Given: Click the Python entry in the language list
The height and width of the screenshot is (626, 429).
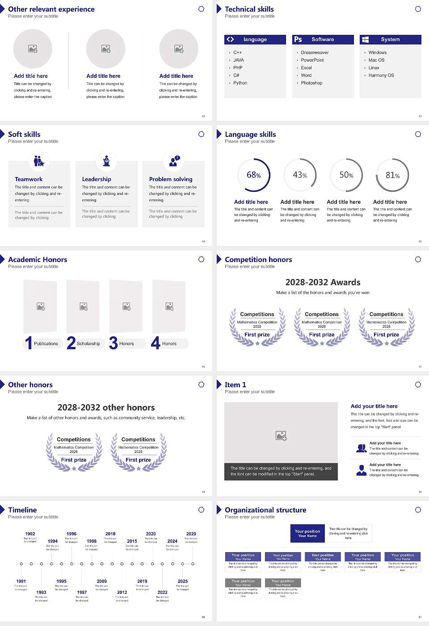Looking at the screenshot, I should pos(240,83).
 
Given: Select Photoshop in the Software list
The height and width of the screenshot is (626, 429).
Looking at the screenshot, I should pos(311,83).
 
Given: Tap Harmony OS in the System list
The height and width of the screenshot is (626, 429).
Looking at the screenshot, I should pos(381,76).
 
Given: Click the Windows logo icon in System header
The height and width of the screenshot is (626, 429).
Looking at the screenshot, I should pos(365,39).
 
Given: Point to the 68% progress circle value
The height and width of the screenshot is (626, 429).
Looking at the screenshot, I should pos(253,175).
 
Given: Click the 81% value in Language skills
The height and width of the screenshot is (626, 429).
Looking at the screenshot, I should pos(392,175).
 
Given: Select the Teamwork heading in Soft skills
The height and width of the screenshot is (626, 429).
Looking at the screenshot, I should pos(29,179).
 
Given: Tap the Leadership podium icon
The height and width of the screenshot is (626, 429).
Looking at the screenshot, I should pos(106,161).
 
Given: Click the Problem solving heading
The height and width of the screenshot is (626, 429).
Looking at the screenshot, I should pos(171,179).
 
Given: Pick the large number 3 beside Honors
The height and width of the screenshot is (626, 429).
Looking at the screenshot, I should pos(113,343).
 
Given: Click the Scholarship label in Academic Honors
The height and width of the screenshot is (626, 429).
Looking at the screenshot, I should pos(88,344).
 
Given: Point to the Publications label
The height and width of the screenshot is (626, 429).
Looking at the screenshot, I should pos(46,344).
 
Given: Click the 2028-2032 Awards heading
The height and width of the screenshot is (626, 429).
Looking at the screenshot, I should pos(323,282).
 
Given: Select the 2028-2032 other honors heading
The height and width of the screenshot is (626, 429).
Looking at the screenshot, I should pos(106,407).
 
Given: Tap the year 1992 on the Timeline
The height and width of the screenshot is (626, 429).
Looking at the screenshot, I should pos(30,534).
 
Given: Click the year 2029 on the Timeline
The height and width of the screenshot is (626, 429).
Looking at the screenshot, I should pos(191,534).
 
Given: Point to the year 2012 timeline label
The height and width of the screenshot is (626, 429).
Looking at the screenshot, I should pos(122,592).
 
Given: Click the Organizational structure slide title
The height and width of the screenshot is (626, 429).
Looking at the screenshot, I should pos(265,510).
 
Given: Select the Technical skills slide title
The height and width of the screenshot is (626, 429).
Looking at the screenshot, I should pos(249,9).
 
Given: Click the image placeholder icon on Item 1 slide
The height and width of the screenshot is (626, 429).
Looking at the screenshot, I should pos(281,435).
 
